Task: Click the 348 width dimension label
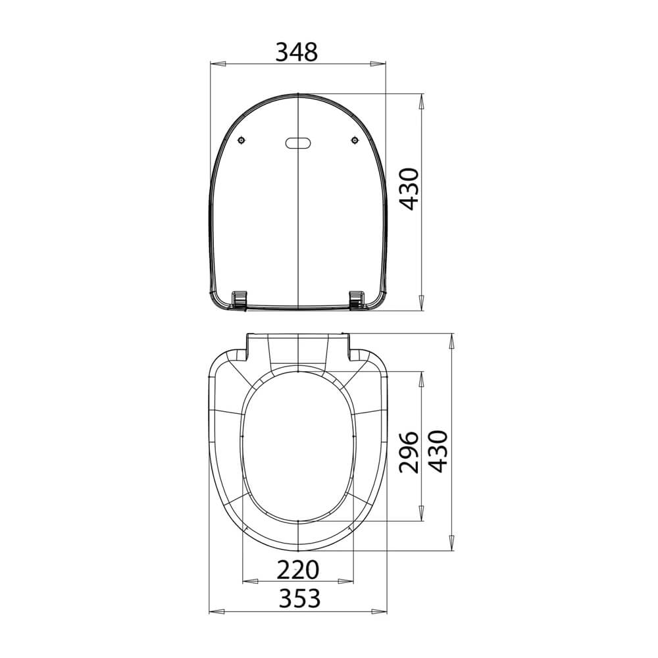point(297,52)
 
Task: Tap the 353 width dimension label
point(299,598)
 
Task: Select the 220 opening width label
point(298,570)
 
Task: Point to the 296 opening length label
point(409,452)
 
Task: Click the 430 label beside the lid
point(409,189)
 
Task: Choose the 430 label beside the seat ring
point(438,451)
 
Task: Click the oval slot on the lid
point(298,143)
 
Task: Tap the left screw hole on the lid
point(241,139)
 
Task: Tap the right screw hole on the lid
point(355,139)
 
